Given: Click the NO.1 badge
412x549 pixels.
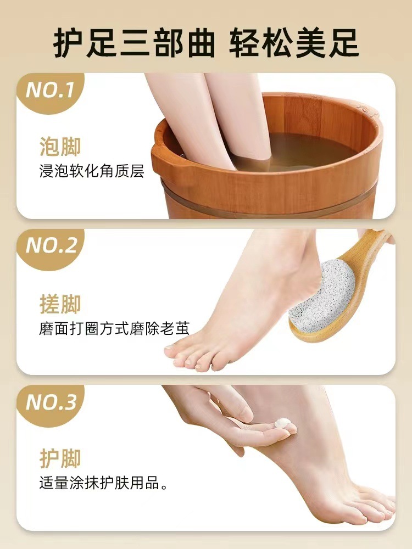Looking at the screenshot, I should point(51,90).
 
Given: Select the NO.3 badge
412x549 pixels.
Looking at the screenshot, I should point(51,403).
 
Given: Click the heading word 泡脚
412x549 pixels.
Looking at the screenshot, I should point(60,148).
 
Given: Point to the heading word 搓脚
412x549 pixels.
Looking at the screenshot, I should point(60,304).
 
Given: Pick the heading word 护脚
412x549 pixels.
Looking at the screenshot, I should point(60,458).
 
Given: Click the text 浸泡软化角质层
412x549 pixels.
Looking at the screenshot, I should point(92,171).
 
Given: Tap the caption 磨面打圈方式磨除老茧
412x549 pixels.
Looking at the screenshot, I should point(114,328).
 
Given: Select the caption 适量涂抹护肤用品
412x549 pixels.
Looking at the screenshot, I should point(103,484).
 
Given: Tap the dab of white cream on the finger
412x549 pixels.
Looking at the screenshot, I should point(283,423).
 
